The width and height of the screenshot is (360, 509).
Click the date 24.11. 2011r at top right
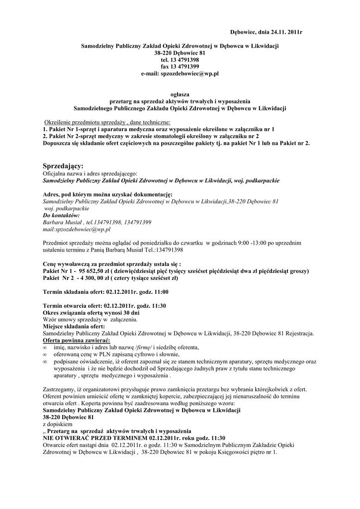coord(280,32)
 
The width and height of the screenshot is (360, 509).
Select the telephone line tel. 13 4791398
coord(180,59)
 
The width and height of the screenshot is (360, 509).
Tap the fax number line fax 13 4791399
coord(180,66)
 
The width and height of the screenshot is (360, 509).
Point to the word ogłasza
coord(180,94)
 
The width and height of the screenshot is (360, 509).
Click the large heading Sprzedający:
coord(64,165)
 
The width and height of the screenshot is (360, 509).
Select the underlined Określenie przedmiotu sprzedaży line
coord(107,122)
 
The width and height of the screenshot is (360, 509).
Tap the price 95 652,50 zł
coord(95,271)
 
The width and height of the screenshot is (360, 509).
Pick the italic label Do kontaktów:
coord(62,216)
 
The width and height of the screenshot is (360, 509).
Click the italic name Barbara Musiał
coord(62,223)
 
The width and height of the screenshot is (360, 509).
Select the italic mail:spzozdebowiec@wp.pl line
coord(77,230)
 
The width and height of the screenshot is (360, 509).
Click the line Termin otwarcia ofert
coord(104,306)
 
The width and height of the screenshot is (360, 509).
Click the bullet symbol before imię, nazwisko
coord(45,347)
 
